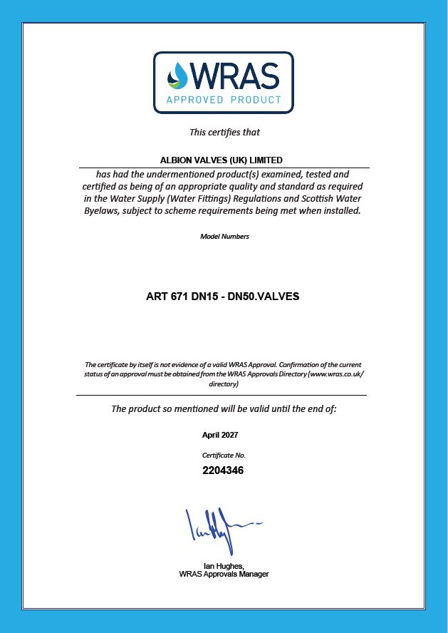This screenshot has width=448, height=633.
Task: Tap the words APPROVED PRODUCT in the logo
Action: click(224, 100)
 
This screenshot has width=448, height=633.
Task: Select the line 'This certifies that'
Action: click(224, 132)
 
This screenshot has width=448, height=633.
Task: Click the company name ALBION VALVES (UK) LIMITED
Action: click(222, 160)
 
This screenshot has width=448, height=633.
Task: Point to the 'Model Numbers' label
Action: click(224, 237)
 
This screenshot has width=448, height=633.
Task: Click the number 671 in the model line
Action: click(179, 297)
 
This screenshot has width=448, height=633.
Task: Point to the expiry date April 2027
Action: click(220, 434)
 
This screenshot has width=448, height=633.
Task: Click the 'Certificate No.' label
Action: click(224, 454)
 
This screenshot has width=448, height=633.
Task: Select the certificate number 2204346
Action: click(224, 470)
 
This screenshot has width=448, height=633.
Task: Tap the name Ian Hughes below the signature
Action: click(223, 567)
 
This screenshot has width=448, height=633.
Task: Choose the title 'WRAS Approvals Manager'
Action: click(224, 574)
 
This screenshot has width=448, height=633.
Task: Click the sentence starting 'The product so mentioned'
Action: click(224, 409)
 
